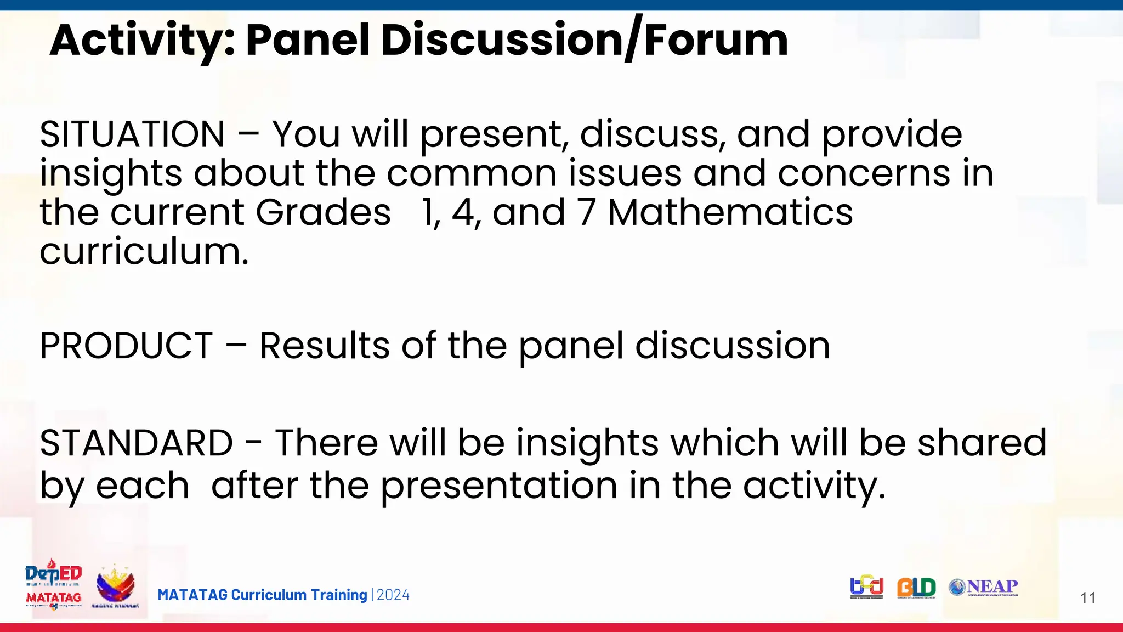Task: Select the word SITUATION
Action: [x=132, y=134]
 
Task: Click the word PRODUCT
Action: [x=126, y=346]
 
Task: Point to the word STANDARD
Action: [x=136, y=443]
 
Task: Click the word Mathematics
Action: [x=730, y=212]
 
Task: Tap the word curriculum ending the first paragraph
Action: [x=144, y=252]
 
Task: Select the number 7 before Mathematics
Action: [x=586, y=212]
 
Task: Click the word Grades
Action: [x=323, y=212]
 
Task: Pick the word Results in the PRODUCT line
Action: [x=324, y=346]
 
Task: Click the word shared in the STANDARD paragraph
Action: [x=982, y=443]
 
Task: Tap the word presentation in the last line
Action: [x=499, y=486]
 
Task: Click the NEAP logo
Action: [x=983, y=587]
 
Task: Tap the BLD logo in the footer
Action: [x=916, y=588]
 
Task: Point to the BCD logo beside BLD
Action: [x=867, y=587]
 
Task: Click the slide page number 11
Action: [x=1088, y=598]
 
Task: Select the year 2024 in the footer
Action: [x=393, y=595]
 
